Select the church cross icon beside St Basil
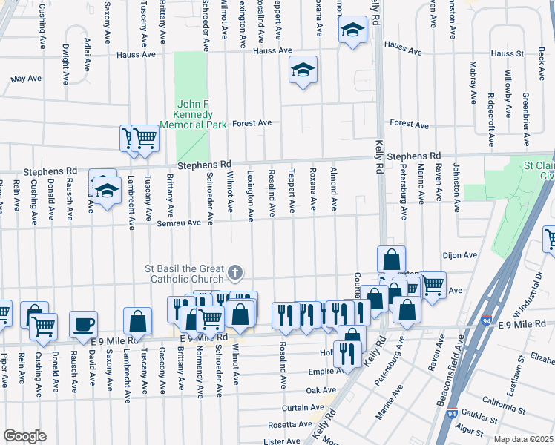(x=234, y=273)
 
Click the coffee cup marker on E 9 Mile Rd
(x=83, y=323)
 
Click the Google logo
(x=24, y=435)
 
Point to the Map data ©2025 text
(x=522, y=439)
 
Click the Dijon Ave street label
(x=459, y=255)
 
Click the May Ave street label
(x=26, y=78)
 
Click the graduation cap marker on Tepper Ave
(x=303, y=70)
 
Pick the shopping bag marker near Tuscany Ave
(x=137, y=321)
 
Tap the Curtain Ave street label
(x=301, y=408)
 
